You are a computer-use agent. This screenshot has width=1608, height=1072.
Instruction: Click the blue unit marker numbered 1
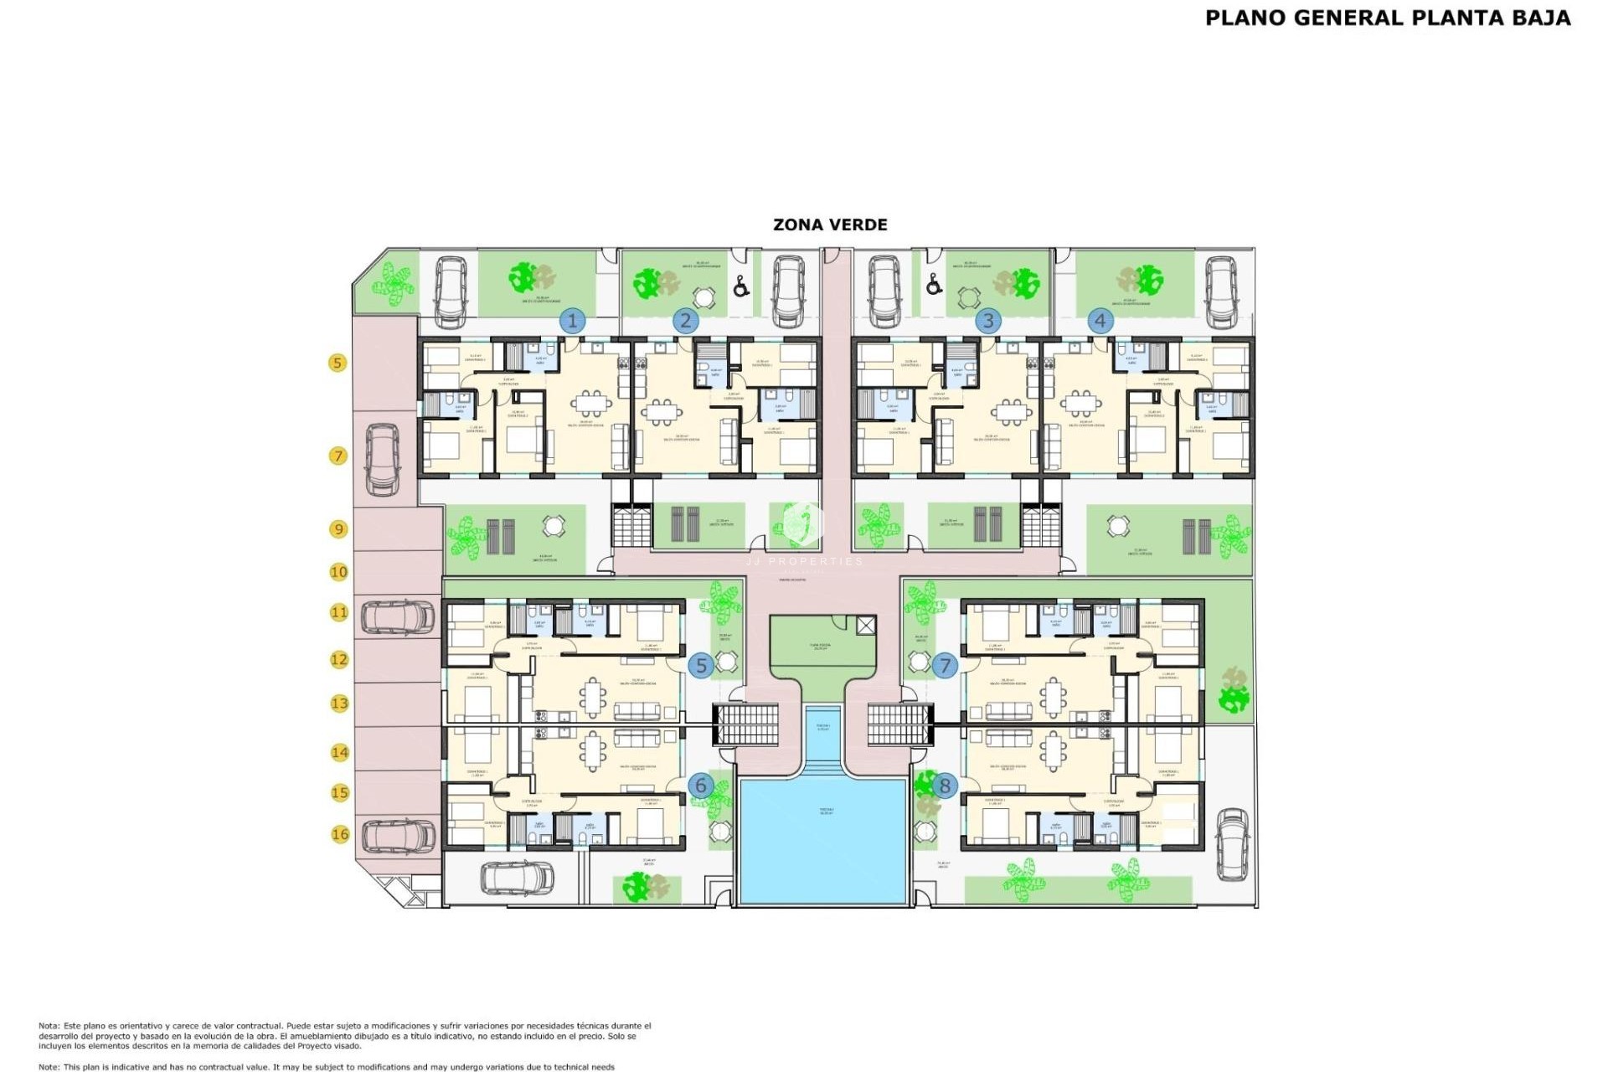click(573, 321)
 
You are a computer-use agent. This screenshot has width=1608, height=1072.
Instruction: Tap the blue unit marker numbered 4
click(1100, 321)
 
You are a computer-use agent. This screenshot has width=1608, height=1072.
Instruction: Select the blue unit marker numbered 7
click(945, 666)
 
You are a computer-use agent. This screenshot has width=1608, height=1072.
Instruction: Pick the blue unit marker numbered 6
click(701, 786)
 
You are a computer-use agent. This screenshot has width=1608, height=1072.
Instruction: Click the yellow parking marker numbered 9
click(338, 529)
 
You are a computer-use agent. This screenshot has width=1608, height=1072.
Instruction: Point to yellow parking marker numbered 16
click(340, 834)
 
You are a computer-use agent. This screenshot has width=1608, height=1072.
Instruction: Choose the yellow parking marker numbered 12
click(339, 660)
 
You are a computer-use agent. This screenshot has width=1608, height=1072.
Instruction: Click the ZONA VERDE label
click(830, 224)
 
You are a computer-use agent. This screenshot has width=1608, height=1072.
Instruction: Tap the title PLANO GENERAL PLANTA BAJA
click(1388, 18)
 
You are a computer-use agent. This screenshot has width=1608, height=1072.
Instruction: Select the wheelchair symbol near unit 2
click(741, 287)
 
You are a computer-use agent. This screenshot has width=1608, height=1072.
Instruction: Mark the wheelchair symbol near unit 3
click(934, 286)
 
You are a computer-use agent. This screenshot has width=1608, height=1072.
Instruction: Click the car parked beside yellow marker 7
click(383, 459)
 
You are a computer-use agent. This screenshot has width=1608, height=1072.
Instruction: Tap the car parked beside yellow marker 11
click(398, 617)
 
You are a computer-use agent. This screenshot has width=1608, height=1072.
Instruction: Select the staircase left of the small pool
click(745, 724)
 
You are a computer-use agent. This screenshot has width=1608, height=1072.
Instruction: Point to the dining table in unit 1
click(592, 405)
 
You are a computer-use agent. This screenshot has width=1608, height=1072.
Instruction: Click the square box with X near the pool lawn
click(866, 625)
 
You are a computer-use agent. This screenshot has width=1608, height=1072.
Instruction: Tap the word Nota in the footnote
click(48, 1026)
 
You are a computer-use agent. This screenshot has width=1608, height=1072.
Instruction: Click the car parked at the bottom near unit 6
click(517, 878)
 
